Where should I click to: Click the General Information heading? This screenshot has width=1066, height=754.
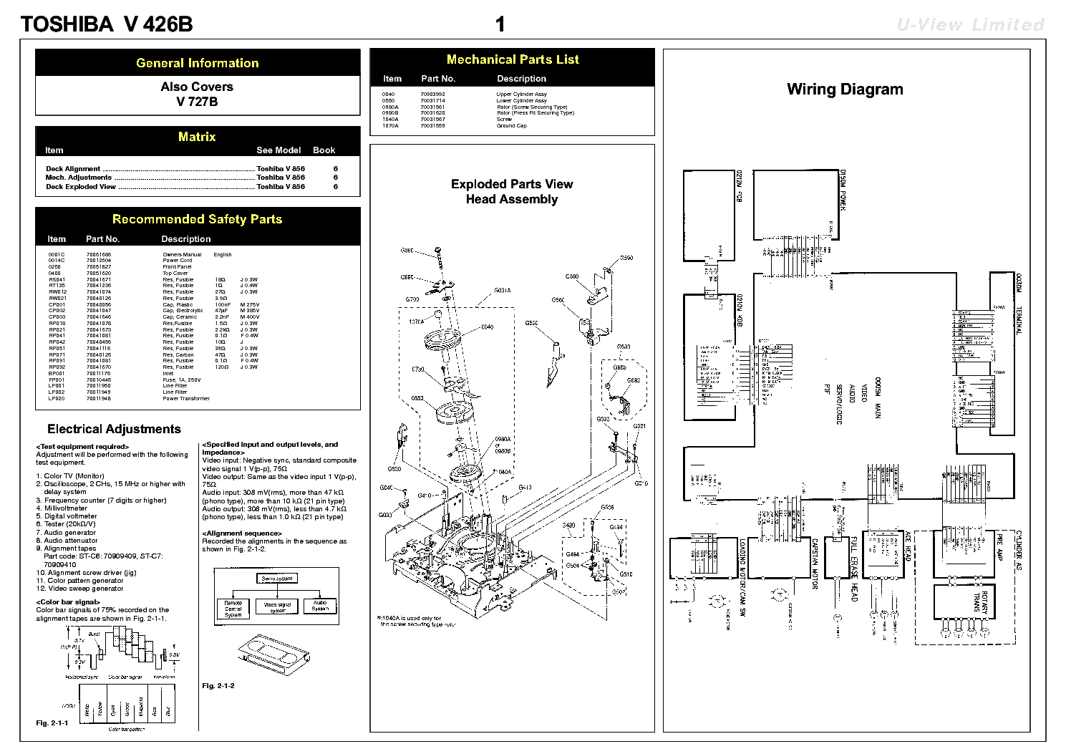click(x=197, y=63)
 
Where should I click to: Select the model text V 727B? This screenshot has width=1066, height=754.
click(x=197, y=102)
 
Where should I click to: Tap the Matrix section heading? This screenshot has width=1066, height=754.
click(x=197, y=137)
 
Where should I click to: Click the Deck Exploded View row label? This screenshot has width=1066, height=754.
click(x=81, y=187)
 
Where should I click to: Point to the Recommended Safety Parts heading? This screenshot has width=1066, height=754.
click(x=197, y=219)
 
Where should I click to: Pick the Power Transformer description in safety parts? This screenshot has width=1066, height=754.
click(x=186, y=399)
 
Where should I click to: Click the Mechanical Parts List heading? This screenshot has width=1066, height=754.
click(x=513, y=59)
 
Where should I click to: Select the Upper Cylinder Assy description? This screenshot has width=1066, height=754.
click(x=521, y=95)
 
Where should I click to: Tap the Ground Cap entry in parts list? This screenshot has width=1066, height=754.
click(x=511, y=126)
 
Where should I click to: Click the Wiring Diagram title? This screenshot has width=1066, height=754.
click(x=845, y=90)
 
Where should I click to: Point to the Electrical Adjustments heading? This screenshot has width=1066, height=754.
click(x=114, y=430)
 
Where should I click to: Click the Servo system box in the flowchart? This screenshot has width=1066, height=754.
click(x=277, y=579)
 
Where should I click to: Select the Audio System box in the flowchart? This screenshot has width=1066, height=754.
click(x=320, y=606)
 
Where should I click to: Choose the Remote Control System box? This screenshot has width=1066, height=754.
click(x=233, y=609)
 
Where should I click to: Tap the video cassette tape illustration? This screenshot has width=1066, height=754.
click(x=273, y=650)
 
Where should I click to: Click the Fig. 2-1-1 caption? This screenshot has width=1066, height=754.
click(x=52, y=723)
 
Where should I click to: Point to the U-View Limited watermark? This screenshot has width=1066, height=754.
click(x=970, y=25)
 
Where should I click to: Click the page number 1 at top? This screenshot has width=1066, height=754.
click(x=500, y=25)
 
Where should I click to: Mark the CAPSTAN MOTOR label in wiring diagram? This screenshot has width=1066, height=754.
click(x=815, y=564)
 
